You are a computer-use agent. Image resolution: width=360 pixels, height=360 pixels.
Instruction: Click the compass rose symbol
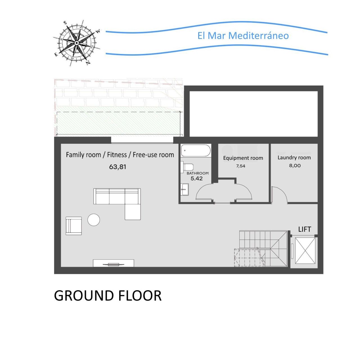(76, 43)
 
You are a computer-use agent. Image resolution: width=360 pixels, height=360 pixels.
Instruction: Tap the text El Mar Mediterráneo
(243, 36)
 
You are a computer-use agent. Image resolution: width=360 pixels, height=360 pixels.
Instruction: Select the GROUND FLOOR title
(108, 296)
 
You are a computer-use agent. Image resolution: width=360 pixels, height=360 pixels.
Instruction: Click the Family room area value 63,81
(118, 167)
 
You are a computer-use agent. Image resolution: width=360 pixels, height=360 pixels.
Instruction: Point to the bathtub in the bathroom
(196, 150)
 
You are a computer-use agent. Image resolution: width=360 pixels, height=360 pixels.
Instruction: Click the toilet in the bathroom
(187, 166)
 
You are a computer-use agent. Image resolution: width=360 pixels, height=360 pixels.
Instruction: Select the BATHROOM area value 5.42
(196, 179)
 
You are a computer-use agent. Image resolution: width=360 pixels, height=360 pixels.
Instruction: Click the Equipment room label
(243, 158)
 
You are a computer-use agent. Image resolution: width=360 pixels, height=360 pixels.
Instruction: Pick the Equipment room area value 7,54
(241, 166)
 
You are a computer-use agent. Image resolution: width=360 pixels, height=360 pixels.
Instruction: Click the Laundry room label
(294, 157)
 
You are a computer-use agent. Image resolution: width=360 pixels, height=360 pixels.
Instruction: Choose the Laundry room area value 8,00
(295, 166)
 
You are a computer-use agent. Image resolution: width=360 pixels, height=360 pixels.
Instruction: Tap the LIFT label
(305, 229)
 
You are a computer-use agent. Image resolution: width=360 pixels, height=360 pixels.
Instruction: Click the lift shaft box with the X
(305, 251)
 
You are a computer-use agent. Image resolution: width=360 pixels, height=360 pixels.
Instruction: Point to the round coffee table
(94, 220)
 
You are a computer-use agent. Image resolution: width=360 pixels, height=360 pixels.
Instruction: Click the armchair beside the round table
(74, 226)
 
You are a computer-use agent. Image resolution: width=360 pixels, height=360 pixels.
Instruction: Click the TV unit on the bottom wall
(113, 263)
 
